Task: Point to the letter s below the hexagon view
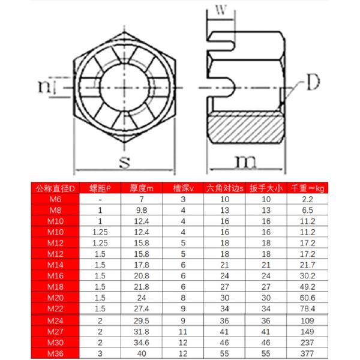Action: coord(124,161)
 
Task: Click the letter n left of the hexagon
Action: coord(42,86)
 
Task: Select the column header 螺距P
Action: coord(100,187)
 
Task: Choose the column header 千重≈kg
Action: coord(308,187)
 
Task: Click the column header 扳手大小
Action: coord(266,187)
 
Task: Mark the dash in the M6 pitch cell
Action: coord(100,199)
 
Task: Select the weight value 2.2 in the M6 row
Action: coord(308,199)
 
